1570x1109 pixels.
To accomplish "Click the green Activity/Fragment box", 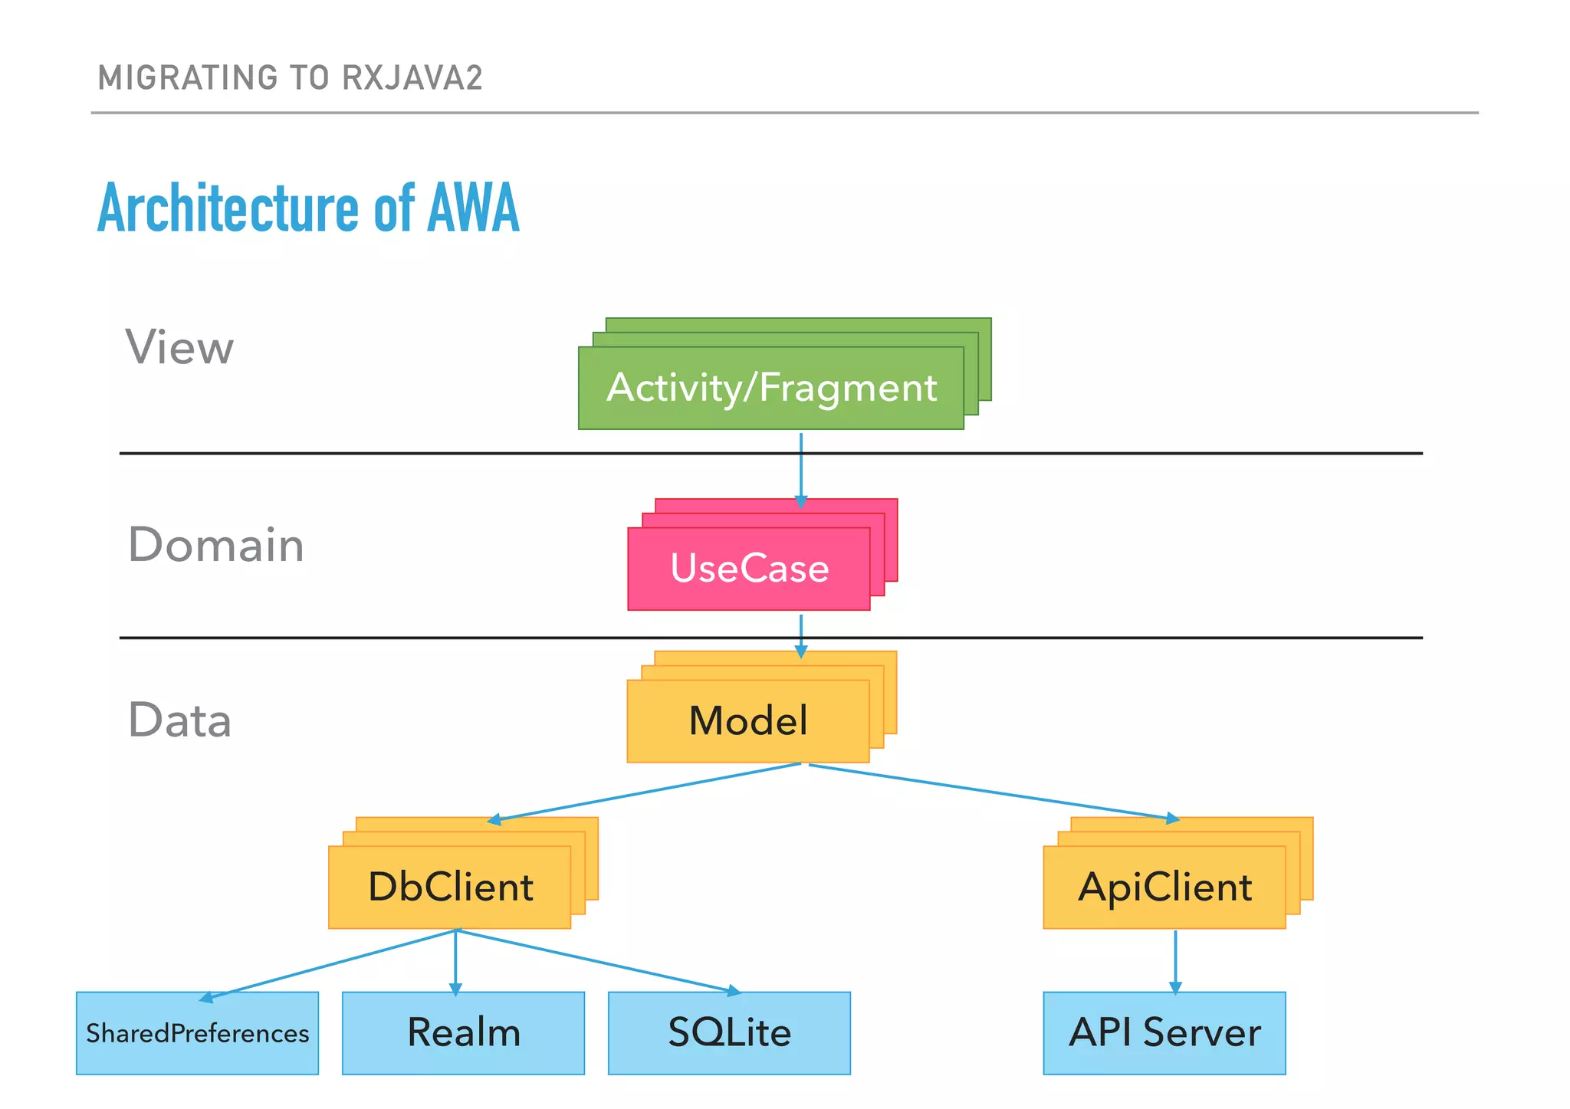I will click(x=770, y=388).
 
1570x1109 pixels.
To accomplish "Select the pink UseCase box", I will click(x=749, y=569).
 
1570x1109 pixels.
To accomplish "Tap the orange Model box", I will click(x=748, y=721).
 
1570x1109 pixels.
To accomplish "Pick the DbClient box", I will click(x=450, y=888).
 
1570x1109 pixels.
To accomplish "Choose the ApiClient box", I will click(x=1164, y=888).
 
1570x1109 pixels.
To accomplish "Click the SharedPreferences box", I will click(x=197, y=1033).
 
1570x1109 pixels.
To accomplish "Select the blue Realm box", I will click(x=463, y=1033).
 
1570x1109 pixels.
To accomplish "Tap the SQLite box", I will click(x=729, y=1033).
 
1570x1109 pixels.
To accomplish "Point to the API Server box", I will click(x=1164, y=1033).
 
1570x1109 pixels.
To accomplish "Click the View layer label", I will click(x=179, y=347).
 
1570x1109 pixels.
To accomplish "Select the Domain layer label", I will click(x=215, y=545).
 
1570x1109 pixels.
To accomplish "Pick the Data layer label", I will click(x=179, y=720).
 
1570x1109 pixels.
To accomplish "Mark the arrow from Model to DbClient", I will click(x=644, y=792).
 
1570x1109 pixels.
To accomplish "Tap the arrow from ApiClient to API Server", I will click(x=1175, y=961).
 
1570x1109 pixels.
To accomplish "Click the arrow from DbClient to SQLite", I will click(x=598, y=961).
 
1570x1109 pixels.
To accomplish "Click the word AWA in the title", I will click(x=473, y=208).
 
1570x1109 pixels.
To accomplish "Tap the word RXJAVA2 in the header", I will click(x=412, y=78).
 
